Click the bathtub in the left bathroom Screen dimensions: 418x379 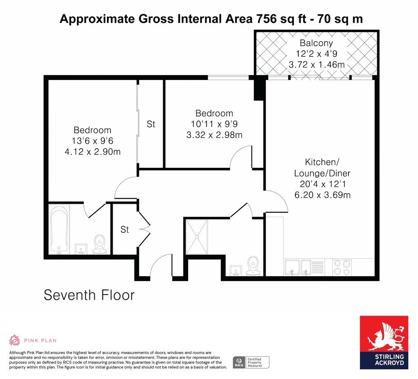coord(59,230)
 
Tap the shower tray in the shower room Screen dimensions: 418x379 coord(197,237)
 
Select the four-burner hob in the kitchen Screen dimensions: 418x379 coord(342,267)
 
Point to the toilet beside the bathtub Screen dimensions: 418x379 coord(100,244)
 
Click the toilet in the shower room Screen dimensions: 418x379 coord(253,266)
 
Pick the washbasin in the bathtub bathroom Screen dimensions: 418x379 coord(81,249)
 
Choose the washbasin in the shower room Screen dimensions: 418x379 coord(236,270)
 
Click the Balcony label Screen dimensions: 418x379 coord(316,43)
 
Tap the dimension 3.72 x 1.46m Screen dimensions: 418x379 coord(316,65)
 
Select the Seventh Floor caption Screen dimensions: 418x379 coord(89,295)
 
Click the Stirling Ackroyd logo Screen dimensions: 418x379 coord(384,343)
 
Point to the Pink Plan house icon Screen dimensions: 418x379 coord(14,340)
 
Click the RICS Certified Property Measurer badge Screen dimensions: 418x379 coord(251,362)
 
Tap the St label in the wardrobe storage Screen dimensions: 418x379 coord(151,124)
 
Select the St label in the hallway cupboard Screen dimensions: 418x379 coord(125,230)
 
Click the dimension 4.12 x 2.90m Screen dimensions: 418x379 coord(93,152)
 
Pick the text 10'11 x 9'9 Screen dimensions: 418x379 coord(214,124)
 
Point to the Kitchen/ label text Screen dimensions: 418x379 coord(322,162)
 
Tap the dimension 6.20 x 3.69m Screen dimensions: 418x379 coord(322,195)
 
